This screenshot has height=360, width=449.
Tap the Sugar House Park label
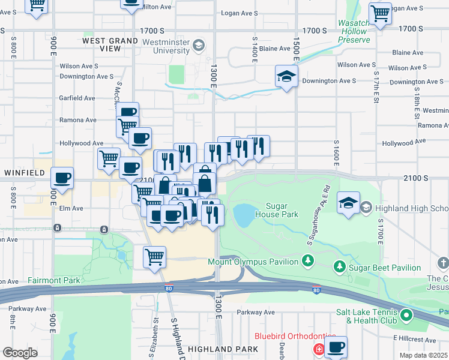276,210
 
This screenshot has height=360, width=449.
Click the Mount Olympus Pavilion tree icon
308,261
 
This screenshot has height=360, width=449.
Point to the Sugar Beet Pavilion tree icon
339,266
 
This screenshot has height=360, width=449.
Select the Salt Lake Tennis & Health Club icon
406,314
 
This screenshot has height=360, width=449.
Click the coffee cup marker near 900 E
62,178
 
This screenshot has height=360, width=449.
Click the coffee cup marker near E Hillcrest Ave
336,346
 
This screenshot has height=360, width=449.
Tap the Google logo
20,353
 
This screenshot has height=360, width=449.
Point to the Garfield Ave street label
77,98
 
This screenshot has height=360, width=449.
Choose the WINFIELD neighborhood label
25,173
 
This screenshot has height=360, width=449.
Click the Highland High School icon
366,208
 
